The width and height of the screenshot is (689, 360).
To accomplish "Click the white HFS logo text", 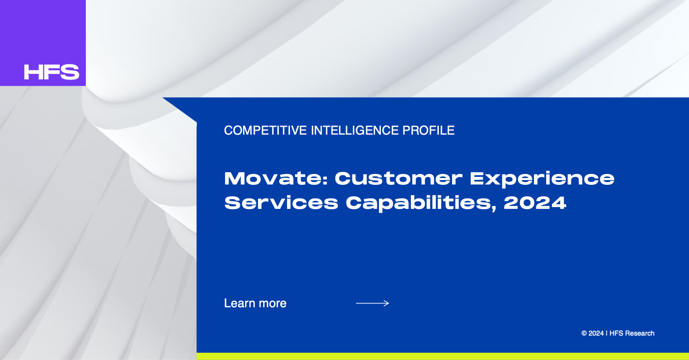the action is (x=52, y=72).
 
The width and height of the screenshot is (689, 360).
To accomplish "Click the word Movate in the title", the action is (x=273, y=178).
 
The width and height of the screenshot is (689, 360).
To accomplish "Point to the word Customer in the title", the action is (x=399, y=178).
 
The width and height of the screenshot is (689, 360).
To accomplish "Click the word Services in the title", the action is (x=281, y=203).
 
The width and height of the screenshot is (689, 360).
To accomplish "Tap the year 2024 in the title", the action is (x=535, y=203).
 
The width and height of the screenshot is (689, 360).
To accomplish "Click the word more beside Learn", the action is (x=273, y=304).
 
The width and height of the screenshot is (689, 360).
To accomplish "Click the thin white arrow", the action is (x=372, y=303).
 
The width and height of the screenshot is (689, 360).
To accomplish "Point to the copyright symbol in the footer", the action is (x=584, y=333).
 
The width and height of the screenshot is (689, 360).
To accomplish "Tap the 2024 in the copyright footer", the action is (x=596, y=333).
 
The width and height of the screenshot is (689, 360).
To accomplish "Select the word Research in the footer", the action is (x=640, y=333).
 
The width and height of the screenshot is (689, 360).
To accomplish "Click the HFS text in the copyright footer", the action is (x=616, y=333).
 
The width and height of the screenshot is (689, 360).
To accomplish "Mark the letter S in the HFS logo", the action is (x=70, y=72).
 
